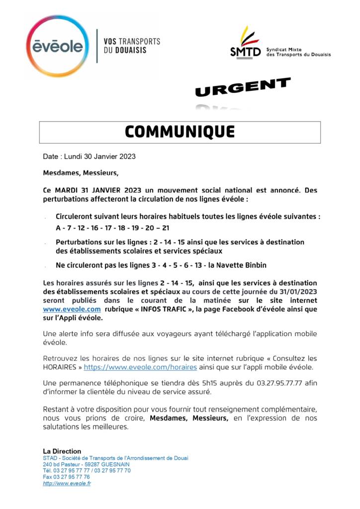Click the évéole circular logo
tap(58, 46)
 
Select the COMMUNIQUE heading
tap(180, 132)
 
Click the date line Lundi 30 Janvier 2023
tap(89, 157)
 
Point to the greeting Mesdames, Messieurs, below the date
tap(81, 173)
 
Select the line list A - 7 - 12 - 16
tap(112, 228)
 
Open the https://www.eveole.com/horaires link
tap(140, 367)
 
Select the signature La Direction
tap(62, 451)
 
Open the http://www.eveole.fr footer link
tap(67, 483)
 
